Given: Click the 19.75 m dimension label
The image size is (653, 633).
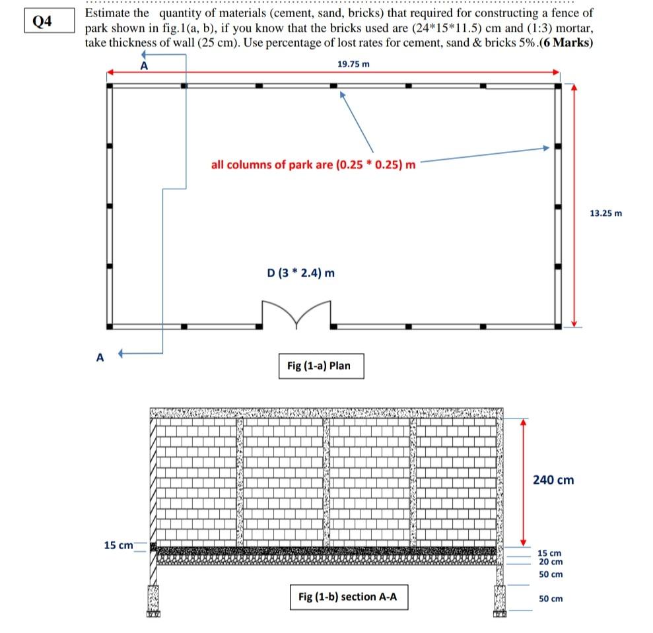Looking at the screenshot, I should pyautogui.click(x=353, y=63).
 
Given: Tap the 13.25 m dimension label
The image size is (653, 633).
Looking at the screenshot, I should pyautogui.click(x=605, y=213).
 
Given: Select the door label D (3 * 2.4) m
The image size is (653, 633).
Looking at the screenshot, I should pyautogui.click(x=300, y=273).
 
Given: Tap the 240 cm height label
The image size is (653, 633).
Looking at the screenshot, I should pyautogui.click(x=553, y=480).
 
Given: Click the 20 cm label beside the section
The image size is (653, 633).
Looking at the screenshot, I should pyautogui.click(x=551, y=562).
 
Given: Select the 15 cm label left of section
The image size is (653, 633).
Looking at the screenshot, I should pyautogui.click(x=119, y=545).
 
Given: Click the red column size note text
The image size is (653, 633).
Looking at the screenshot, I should pyautogui.click(x=314, y=164).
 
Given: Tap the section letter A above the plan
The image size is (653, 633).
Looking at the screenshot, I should pyautogui.click(x=144, y=65).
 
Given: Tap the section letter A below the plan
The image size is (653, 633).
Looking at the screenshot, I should pyautogui.click(x=100, y=357).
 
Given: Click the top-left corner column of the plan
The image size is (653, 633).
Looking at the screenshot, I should pyautogui.click(x=110, y=85).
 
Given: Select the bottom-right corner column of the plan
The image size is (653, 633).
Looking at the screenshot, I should pyautogui.click(x=559, y=326).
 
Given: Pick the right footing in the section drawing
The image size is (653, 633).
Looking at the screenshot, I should pyautogui.click(x=500, y=599).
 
